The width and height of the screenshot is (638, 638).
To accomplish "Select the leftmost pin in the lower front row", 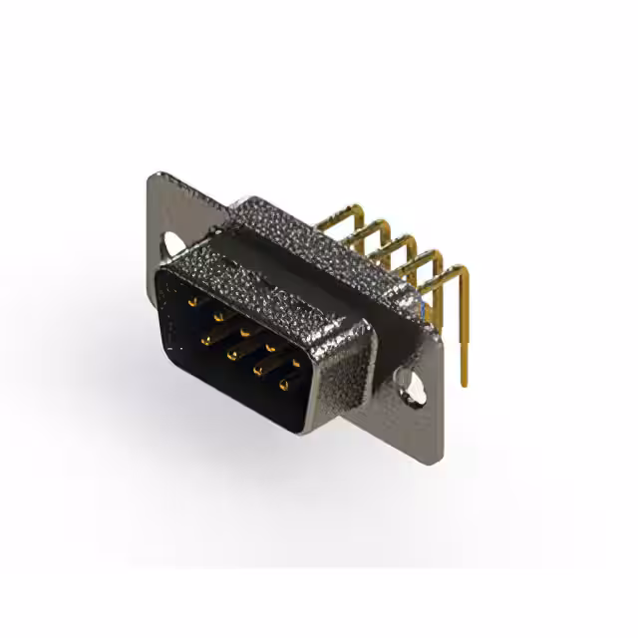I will [205, 339].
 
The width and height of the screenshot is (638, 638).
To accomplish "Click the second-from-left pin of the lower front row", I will [231, 353].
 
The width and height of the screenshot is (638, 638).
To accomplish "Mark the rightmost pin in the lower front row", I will [284, 384].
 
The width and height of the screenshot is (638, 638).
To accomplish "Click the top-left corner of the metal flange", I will [152, 176].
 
